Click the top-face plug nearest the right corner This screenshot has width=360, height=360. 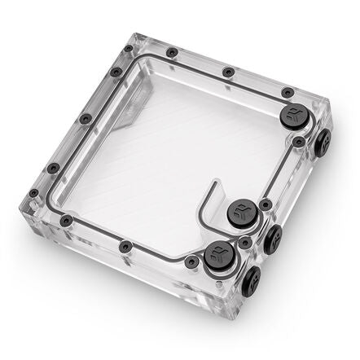click(x=292, y=115)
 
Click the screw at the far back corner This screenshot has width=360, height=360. click(x=170, y=53)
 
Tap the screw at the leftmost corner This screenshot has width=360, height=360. click(x=33, y=194)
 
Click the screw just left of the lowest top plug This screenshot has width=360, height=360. click(x=190, y=261)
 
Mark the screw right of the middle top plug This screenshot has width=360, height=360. click(x=265, y=204)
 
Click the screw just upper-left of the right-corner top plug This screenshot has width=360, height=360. click(x=286, y=92)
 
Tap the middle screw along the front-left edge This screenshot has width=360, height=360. click(x=124, y=246)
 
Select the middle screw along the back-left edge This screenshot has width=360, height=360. click(x=86, y=119)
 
